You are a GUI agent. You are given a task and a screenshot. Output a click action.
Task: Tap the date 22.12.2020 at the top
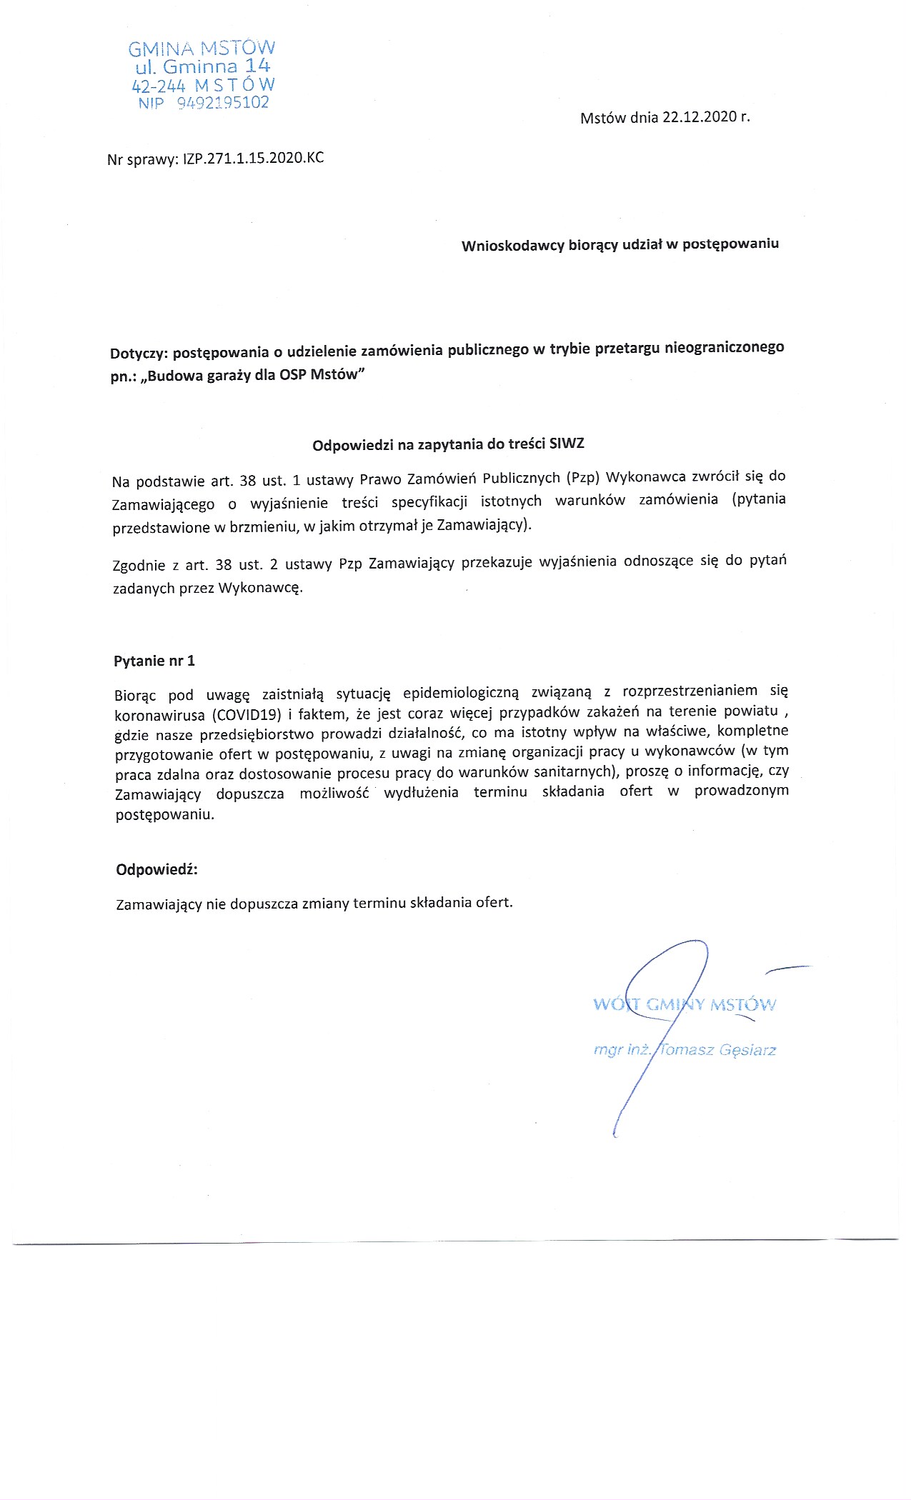point(699,118)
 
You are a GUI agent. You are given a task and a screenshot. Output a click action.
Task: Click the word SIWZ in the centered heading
point(567,444)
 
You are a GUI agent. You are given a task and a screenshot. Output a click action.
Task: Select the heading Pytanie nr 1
point(154,661)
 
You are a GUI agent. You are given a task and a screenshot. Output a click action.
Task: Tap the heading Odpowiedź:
point(156,869)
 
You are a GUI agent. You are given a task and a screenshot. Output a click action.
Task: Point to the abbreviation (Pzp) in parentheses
point(582,477)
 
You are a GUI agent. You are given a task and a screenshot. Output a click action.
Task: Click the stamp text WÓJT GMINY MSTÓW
point(684,1004)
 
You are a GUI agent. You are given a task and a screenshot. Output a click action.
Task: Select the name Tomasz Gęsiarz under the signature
point(717,1050)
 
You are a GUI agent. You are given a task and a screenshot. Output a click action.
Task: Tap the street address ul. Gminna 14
point(203,67)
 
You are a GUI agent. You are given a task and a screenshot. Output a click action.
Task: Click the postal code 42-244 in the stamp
point(159,86)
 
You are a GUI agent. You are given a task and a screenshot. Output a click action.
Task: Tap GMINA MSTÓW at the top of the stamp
point(201,49)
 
